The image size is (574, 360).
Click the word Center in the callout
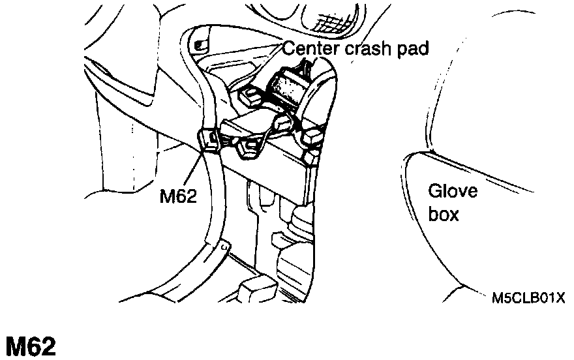[309, 48]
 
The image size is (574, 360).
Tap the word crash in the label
[364, 48]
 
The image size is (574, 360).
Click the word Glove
[453, 192]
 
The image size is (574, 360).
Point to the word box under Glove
[444, 214]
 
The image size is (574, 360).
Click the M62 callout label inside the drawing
[178, 196]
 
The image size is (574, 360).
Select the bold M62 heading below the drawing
[31, 346]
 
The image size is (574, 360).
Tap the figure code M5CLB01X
[528, 299]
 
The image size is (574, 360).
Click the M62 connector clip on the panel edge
[207, 138]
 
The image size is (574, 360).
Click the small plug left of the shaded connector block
[249, 97]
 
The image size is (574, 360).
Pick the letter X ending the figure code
[560, 299]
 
